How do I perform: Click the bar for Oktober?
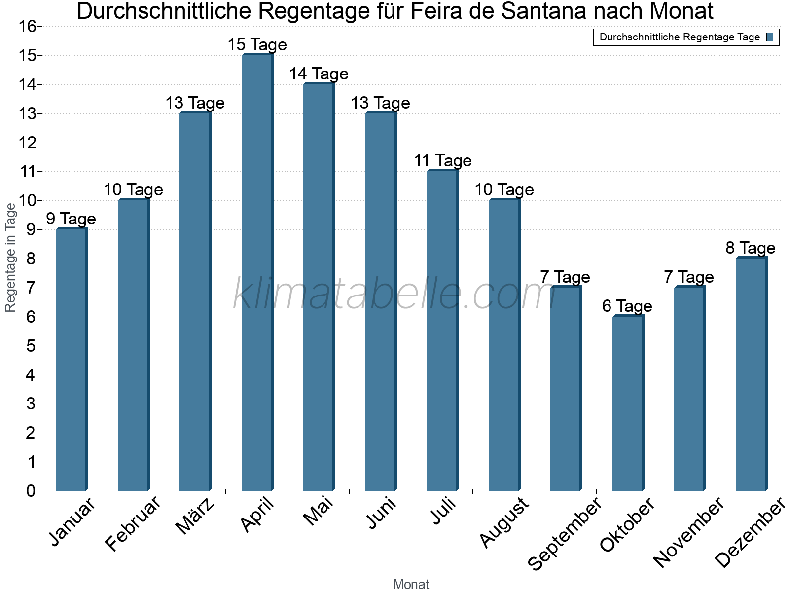pos(628,403)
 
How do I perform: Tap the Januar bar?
pos(72,360)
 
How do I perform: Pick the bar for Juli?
pos(442,331)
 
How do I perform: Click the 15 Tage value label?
pos(257,45)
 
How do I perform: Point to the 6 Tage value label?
pos(627,306)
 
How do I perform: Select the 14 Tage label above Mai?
pos(319,74)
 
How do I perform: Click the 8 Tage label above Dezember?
pos(751,248)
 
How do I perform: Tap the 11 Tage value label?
pos(442,161)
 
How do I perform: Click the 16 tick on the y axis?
pos(28,27)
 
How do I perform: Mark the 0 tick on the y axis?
pos(31,491)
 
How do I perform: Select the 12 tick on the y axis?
pos(28,143)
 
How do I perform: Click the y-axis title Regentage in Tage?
pos(10,258)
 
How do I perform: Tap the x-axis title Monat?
pos(411,585)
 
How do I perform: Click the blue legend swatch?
pos(770,37)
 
